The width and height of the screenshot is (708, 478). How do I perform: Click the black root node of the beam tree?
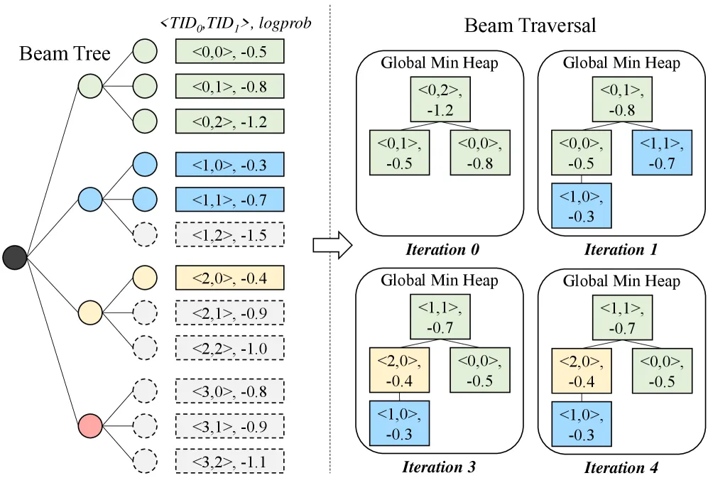(14, 258)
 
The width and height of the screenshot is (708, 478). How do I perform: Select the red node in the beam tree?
(90, 425)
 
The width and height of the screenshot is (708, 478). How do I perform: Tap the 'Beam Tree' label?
(65, 54)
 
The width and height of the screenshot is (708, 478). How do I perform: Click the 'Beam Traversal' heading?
(530, 26)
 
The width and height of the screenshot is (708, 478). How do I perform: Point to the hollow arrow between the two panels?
(332, 246)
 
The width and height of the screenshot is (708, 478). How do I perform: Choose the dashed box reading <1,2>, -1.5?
(230, 234)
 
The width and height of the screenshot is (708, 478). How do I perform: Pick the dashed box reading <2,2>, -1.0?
(230, 348)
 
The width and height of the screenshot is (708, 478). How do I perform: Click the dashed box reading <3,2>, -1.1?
(230, 461)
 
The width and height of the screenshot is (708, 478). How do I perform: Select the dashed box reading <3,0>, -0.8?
(230, 391)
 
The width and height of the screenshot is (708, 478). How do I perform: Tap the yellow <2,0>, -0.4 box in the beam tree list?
(230, 278)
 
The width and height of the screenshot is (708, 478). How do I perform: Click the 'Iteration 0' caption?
(442, 249)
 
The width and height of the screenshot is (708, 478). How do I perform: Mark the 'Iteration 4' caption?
(621, 467)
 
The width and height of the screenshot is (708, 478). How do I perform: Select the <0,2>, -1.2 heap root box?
(440, 99)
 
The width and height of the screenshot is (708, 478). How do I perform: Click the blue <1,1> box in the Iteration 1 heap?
(662, 153)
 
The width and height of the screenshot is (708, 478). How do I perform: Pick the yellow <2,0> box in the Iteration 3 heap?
(399, 370)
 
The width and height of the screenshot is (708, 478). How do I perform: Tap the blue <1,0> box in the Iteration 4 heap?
(581, 424)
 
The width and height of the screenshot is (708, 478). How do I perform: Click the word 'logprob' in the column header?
(285, 23)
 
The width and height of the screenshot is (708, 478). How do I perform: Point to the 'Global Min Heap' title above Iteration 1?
(621, 63)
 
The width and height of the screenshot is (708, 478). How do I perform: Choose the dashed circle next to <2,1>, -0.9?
(145, 313)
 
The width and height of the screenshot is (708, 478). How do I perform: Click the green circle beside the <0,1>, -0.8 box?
(145, 86)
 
